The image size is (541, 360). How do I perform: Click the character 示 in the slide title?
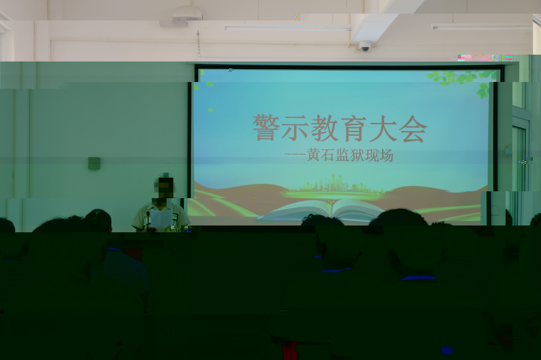pos(295,128)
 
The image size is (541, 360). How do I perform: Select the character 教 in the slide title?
pos(325,128)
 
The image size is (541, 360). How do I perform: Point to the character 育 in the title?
pos(354,128)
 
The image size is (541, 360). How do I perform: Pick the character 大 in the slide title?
pos(383,129)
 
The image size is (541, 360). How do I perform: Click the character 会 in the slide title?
pos(413,129)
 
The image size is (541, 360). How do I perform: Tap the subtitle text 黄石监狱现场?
pos(350,155)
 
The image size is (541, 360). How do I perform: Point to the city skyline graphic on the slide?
pos(333,184)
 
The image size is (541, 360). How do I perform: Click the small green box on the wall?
pos(94,163)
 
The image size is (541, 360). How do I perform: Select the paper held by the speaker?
pos(161,219)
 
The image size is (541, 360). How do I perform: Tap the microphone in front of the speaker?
pos(148,219)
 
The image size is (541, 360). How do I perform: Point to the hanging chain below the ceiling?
pos(199,44)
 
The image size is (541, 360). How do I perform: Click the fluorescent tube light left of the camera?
pos(288,28)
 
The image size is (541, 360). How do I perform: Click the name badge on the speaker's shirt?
pos(175,216)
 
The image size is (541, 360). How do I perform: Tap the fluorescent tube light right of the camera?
pos(481,26)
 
